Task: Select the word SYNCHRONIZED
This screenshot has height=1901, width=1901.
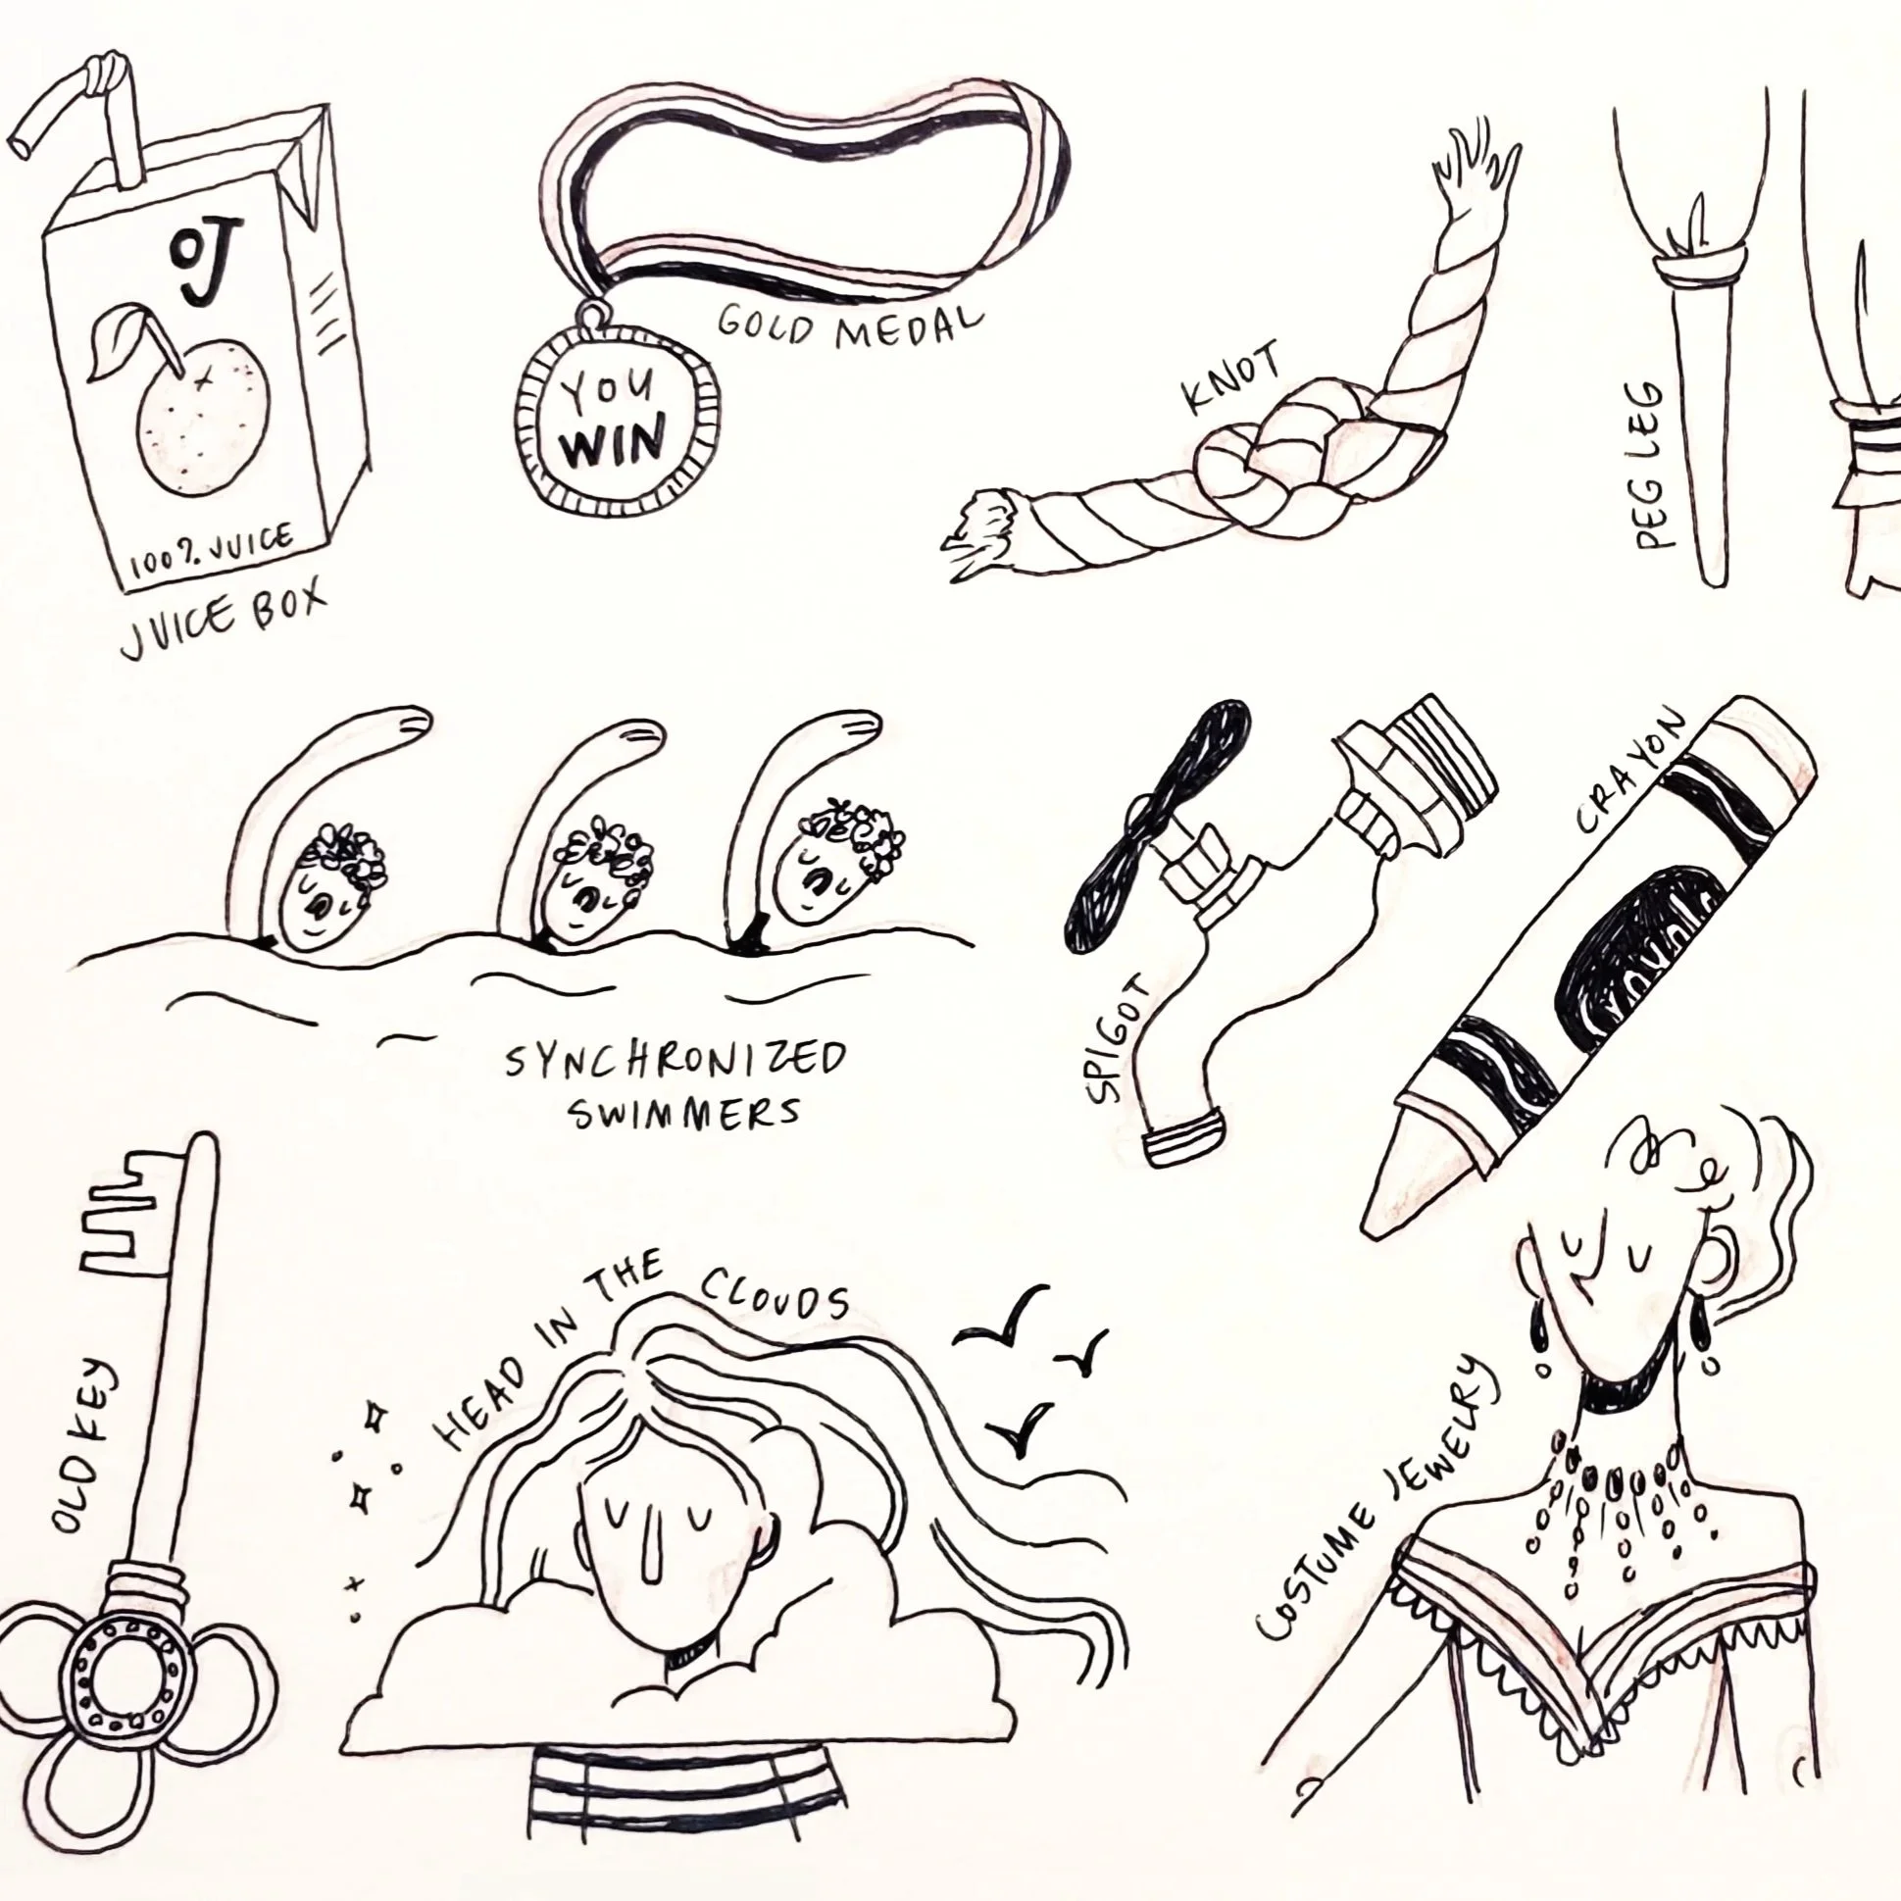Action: [675, 1062]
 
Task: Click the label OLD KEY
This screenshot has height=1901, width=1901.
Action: [86, 1445]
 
